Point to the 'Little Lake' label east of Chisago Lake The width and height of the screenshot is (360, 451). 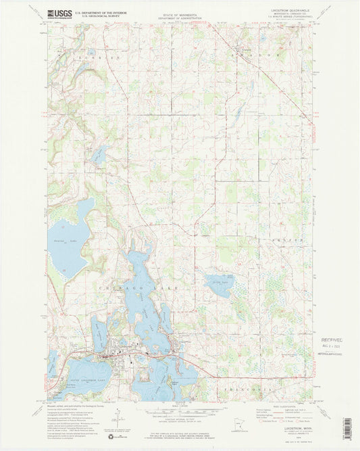pyautogui.click(x=217, y=282)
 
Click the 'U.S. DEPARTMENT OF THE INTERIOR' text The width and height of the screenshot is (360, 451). pyautogui.click(x=95, y=12)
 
